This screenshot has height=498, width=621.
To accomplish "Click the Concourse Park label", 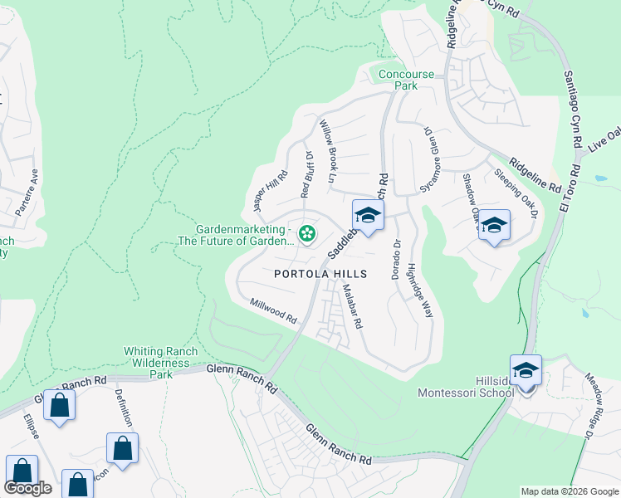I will click(x=406, y=80).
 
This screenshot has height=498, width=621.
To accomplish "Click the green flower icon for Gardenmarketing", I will click(x=307, y=235).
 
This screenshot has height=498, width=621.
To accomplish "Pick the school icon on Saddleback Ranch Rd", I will click(x=368, y=216).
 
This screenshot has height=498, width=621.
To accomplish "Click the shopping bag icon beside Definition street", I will click(x=122, y=448).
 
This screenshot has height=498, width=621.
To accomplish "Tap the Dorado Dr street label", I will click(x=397, y=259).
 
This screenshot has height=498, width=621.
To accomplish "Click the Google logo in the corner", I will click(x=28, y=488).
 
